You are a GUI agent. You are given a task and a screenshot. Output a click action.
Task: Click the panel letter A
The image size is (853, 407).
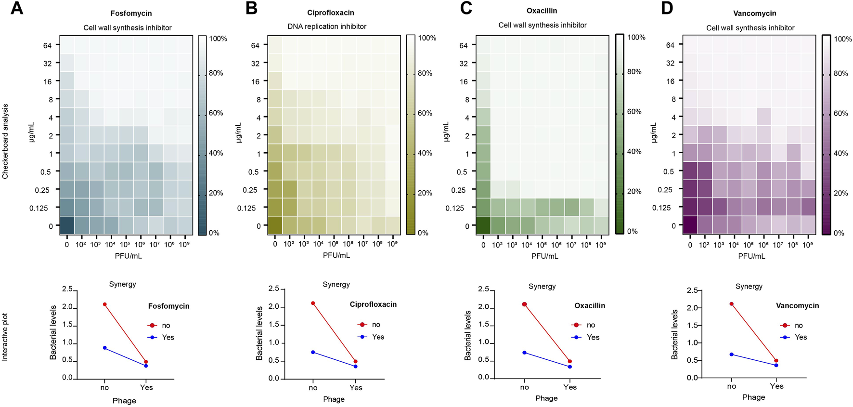click(16, 8)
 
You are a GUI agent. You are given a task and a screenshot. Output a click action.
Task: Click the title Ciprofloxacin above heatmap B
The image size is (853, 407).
click(330, 13)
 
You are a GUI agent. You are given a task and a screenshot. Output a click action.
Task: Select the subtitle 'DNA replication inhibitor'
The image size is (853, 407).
click(327, 26)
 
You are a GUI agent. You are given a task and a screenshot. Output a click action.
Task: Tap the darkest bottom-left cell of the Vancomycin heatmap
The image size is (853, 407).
click(690, 225)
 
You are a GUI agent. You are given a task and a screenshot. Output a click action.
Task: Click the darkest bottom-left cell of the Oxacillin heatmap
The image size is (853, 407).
click(483, 225)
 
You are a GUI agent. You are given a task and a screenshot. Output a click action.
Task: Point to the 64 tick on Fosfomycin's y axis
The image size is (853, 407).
click(47, 45)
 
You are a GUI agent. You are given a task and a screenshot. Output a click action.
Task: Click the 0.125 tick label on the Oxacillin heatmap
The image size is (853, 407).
click(455, 208)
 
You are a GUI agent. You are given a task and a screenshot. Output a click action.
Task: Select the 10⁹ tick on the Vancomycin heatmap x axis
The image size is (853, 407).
click(808, 245)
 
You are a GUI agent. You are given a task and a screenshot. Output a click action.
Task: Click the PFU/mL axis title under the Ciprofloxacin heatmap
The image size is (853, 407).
click(336, 255)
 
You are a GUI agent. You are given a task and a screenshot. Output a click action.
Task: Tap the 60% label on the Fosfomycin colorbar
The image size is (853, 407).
click(216, 113)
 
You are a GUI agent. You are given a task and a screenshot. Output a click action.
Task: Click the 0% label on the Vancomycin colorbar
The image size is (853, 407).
click(839, 233)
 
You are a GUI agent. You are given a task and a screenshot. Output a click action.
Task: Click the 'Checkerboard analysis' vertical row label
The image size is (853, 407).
click(5, 141)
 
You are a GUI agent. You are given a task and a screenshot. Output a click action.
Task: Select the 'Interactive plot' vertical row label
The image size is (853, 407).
click(5, 337)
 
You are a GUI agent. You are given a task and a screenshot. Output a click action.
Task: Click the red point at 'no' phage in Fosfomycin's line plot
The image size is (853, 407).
click(104, 304)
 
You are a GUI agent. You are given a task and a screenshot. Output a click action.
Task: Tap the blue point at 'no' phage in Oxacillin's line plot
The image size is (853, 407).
click(525, 353)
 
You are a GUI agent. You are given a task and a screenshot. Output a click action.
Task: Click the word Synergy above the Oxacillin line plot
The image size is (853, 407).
click(542, 286)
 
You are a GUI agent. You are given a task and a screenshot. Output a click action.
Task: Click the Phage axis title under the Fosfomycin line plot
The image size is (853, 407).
click(124, 400)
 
